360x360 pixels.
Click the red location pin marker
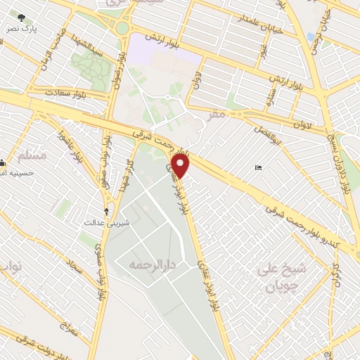pos(181,166)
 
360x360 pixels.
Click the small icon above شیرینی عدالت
pos(107,210)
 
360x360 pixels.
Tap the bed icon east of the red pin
pos(258,167)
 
